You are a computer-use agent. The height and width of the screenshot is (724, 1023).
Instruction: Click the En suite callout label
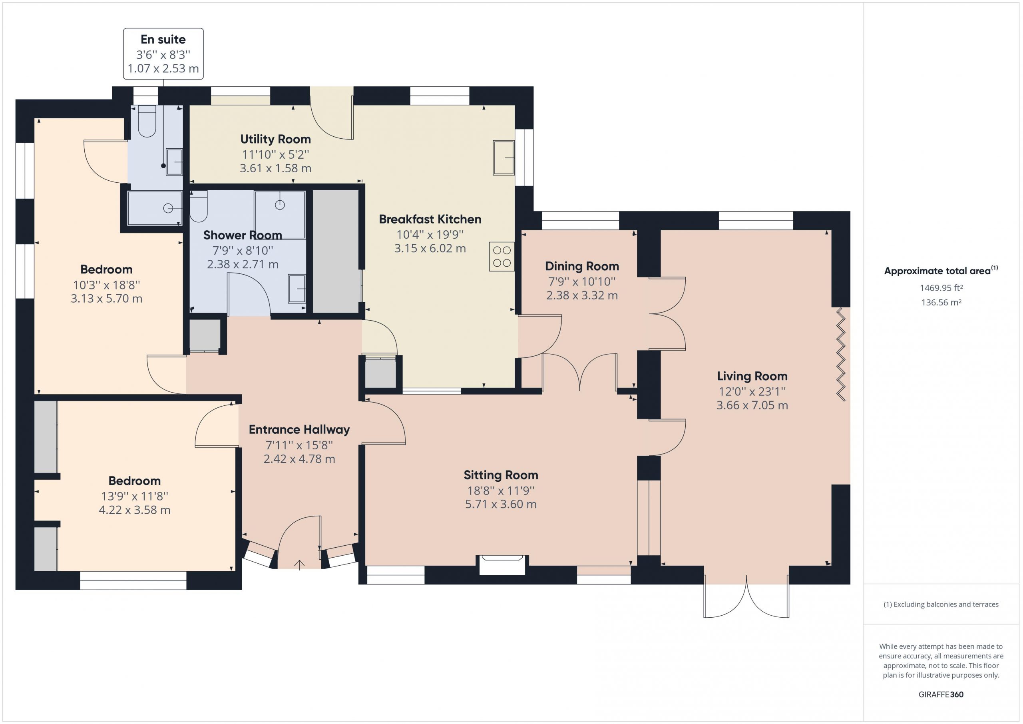(163, 40)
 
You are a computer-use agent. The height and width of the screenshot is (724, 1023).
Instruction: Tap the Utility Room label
(275, 139)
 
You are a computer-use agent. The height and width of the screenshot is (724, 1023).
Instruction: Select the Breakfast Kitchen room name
(430, 219)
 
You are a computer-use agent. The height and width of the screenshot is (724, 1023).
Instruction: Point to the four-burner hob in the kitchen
(502, 257)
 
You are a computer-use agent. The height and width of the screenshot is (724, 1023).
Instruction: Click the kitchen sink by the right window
(504, 158)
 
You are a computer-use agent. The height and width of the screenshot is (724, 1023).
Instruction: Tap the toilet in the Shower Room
(199, 206)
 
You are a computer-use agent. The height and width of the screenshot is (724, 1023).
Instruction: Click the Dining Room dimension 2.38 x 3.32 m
(582, 295)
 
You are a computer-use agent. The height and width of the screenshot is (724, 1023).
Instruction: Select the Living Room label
(752, 376)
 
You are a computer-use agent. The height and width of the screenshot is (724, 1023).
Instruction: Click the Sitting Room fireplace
(502, 565)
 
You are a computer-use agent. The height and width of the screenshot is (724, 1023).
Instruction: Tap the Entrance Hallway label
(299, 430)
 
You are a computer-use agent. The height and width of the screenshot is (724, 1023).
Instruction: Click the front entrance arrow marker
(299, 564)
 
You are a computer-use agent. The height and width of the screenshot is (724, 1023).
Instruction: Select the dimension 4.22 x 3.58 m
(135, 510)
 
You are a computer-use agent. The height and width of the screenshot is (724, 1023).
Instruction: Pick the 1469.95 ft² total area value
(941, 288)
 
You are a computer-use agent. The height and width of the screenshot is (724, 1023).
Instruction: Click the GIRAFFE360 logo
(941, 694)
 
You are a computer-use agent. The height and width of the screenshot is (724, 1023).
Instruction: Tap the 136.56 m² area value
(941, 302)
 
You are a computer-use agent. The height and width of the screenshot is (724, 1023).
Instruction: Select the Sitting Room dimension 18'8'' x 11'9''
(501, 491)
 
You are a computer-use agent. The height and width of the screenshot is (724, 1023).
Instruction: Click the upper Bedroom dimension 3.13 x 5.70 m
(106, 299)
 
